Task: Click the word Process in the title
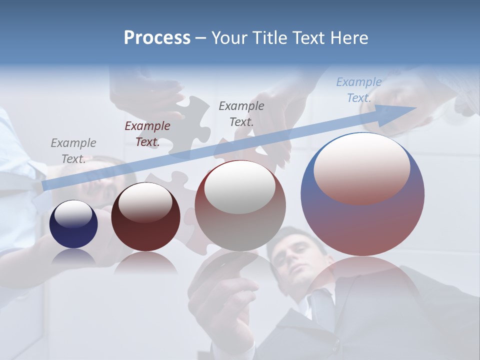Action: point(157,38)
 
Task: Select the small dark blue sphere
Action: point(73,224)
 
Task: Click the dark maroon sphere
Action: point(145,217)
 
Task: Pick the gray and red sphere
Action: point(240,206)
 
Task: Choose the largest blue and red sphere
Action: point(362,194)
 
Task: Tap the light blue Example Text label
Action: point(359,90)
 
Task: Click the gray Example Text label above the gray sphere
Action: point(241,113)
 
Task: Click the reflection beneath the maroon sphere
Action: point(145,263)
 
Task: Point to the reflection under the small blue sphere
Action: point(73,257)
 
